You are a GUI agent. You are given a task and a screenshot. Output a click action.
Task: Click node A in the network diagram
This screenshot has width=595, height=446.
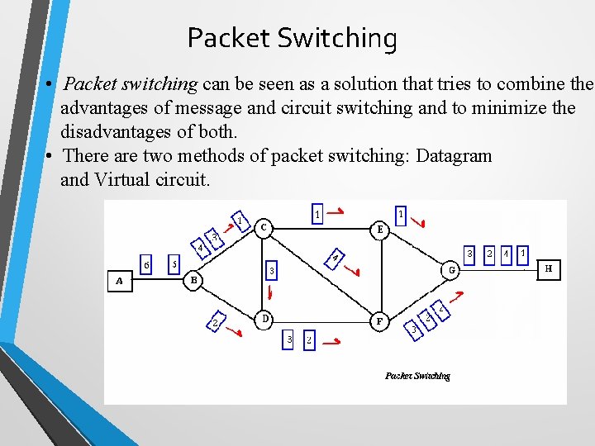120,281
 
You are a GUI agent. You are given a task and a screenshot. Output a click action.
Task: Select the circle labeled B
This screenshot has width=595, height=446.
193,281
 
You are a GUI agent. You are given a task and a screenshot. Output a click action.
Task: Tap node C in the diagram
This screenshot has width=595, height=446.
264,226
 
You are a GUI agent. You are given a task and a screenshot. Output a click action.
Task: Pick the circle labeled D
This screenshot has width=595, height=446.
264,318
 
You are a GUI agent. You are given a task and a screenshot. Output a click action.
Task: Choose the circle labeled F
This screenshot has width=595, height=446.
378,321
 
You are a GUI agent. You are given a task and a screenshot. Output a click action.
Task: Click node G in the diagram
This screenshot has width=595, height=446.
452,269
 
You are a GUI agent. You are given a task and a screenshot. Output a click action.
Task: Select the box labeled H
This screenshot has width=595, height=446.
549,269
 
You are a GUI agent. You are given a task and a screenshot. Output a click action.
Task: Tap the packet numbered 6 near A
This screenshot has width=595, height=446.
146,264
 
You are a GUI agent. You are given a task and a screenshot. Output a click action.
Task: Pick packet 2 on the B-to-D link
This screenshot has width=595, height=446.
214,324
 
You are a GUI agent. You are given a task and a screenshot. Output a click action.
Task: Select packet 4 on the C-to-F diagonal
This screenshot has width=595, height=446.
336,259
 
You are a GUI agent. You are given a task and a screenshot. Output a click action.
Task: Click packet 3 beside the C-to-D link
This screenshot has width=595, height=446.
272,270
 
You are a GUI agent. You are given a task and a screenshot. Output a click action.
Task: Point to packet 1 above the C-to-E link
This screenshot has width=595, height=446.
318,214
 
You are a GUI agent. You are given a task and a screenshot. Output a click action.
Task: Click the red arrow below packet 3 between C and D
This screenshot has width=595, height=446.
269,293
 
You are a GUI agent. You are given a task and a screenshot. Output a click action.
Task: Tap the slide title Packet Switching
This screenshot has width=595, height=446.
292,38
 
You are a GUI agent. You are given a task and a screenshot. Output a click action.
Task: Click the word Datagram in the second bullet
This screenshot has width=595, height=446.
454,155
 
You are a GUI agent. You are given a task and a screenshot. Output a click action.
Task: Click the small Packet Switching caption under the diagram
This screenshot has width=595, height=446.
417,376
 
